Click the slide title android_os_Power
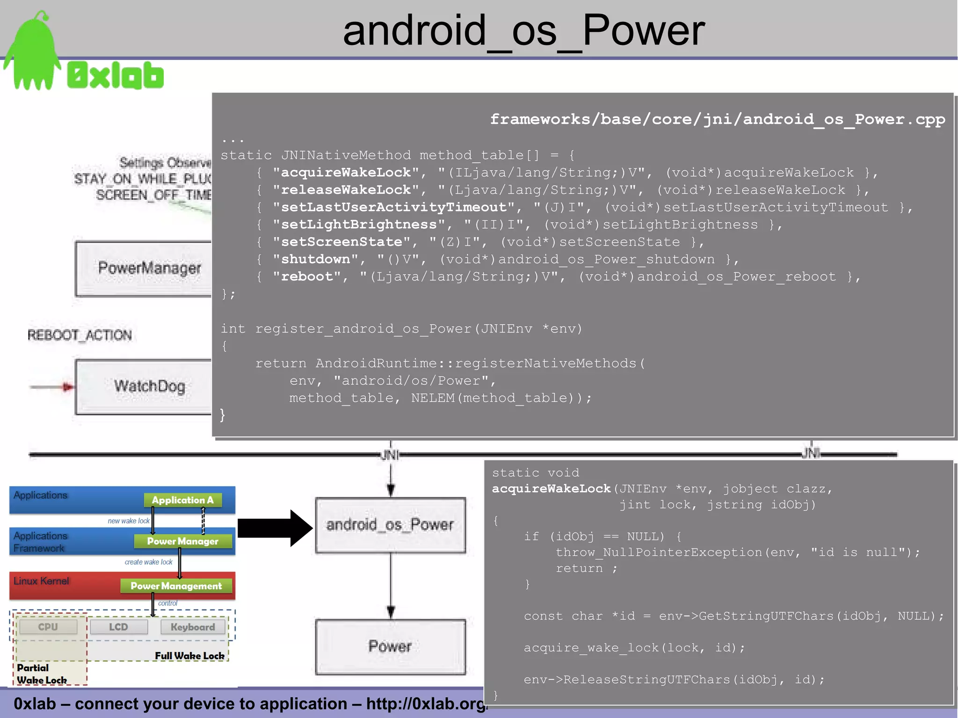(x=523, y=31)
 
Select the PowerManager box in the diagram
(x=145, y=268)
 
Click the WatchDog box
(x=145, y=386)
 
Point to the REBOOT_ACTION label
(x=80, y=335)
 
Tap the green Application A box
(x=182, y=500)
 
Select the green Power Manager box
(x=182, y=541)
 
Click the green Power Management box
(x=176, y=586)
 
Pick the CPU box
(x=48, y=627)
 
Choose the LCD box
(x=118, y=627)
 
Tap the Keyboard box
(x=193, y=627)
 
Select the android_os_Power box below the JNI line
(x=390, y=525)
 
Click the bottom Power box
(x=390, y=646)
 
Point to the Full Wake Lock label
(x=189, y=656)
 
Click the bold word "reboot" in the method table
(x=306, y=276)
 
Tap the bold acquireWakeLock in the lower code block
(x=551, y=489)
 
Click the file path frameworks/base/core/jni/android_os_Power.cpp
(x=717, y=120)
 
